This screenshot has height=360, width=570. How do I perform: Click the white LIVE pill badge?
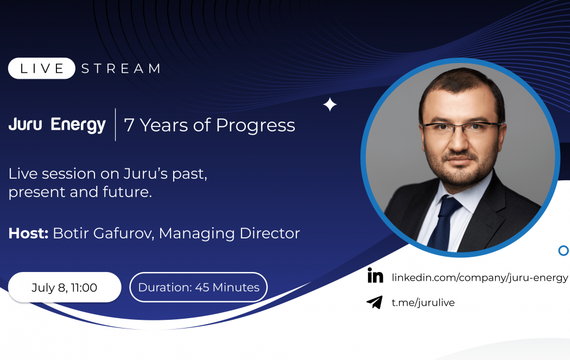(x=41, y=68)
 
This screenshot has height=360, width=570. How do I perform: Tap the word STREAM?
(x=121, y=68)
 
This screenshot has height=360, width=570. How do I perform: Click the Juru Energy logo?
(x=57, y=125)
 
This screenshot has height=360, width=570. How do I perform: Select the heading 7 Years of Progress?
(x=210, y=125)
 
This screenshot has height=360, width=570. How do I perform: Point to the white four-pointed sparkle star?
(x=330, y=105)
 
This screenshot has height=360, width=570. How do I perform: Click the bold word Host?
(x=28, y=233)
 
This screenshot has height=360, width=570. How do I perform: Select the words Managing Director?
(x=230, y=233)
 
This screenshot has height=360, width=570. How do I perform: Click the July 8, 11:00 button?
(x=65, y=287)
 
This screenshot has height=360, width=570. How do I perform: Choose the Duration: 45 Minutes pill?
(x=199, y=287)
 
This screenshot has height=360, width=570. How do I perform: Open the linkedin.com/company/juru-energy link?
(x=480, y=278)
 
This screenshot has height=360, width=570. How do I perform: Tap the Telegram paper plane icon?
(x=375, y=302)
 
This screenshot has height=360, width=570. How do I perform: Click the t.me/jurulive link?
(x=423, y=302)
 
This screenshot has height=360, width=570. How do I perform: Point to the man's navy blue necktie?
(x=444, y=223)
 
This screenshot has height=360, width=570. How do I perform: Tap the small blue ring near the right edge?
(x=563, y=250)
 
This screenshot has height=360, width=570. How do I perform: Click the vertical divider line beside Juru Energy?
(x=115, y=125)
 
